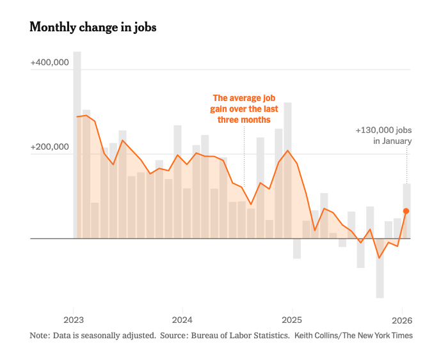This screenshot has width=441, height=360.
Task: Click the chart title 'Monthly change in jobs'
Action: click(93, 27)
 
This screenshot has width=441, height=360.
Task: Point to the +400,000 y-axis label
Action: click(49, 63)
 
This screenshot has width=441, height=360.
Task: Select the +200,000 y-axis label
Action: click(49, 148)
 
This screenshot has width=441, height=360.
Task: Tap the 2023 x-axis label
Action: click(74, 320)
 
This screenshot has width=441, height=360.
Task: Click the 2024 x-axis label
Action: click(182, 320)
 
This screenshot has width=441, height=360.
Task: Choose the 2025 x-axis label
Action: click(292, 320)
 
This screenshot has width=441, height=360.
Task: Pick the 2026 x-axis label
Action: click(401, 320)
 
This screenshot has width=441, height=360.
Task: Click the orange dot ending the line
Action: click(406, 211)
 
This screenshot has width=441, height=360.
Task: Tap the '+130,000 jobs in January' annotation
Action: click(383, 136)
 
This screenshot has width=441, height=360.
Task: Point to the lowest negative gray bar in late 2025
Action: click(380, 269)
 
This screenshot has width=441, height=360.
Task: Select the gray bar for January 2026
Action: click(406, 211)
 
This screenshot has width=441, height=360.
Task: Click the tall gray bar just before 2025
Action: click(287, 170)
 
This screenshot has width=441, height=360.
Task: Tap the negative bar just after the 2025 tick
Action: click(297, 249)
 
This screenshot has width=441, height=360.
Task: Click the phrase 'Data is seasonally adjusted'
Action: click(104, 336)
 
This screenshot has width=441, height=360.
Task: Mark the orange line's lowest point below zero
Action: click(379, 258)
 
